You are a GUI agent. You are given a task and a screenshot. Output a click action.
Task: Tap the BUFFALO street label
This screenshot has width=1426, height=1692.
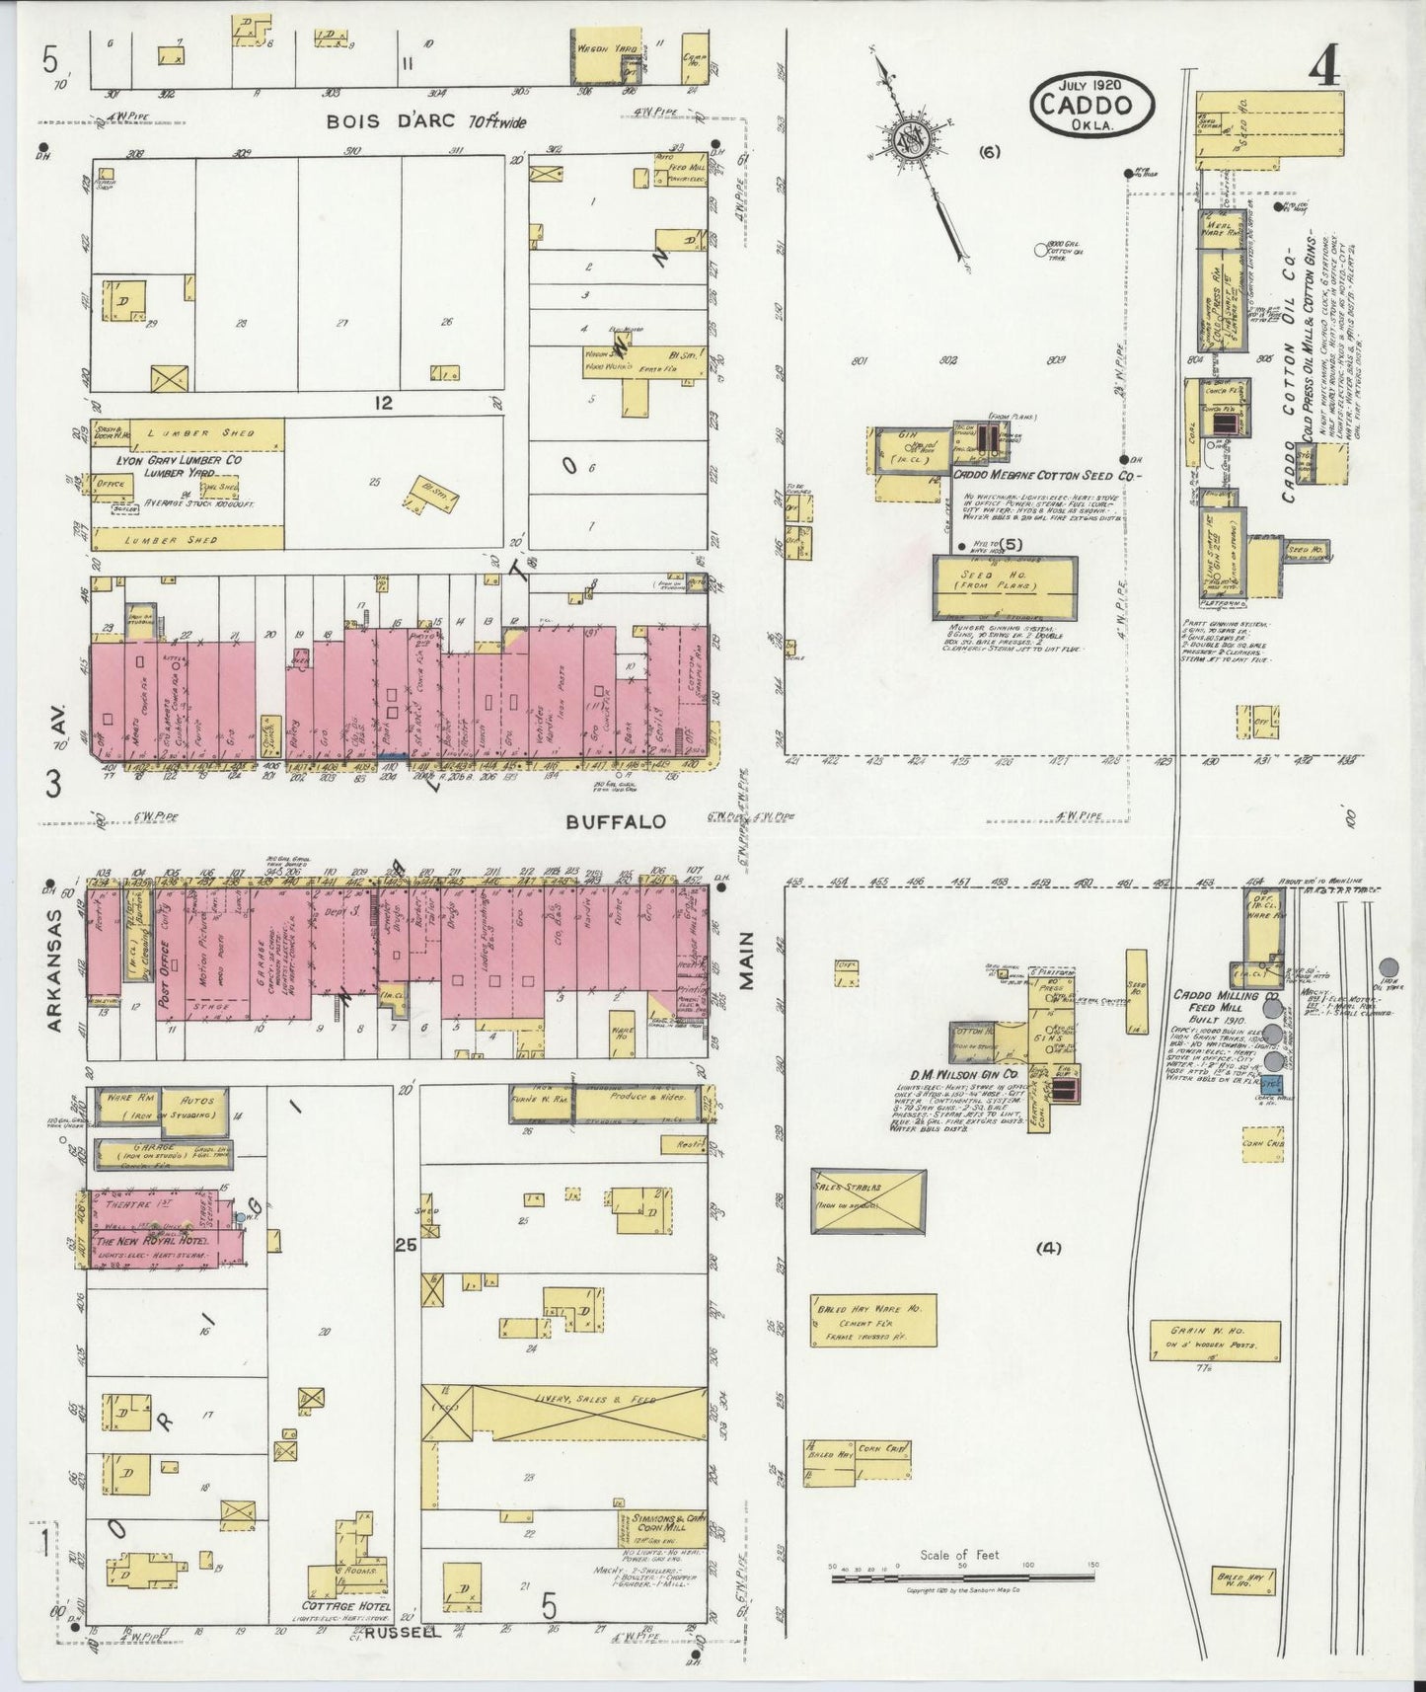pyautogui.click(x=616, y=821)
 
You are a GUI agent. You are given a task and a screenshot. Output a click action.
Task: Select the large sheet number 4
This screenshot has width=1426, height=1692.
pyautogui.click(x=1323, y=69)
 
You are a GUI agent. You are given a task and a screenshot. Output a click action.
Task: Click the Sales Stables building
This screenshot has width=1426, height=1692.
pyautogui.click(x=868, y=1201)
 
